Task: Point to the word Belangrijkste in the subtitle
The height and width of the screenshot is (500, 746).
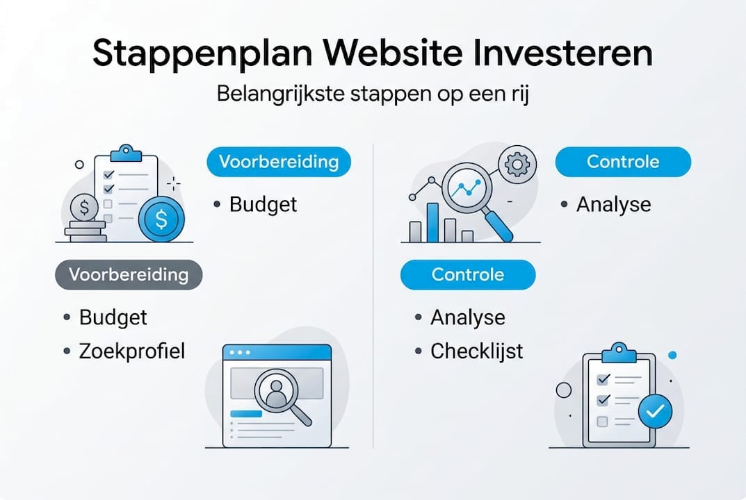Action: pos(275,94)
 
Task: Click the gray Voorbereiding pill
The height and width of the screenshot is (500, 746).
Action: pos(129,274)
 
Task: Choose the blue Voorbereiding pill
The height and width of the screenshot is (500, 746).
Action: pos(279,162)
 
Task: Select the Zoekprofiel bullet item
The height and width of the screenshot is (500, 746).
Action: pos(131,351)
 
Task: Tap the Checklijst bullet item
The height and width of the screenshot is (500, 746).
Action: pos(476,351)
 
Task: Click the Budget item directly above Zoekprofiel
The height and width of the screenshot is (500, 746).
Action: pos(113,317)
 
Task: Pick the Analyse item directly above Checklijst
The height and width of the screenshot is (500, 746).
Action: pos(467,317)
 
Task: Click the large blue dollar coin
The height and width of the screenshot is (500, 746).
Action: pos(161,220)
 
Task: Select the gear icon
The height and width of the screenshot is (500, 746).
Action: pos(516,164)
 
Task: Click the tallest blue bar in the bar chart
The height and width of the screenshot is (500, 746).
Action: pos(432,222)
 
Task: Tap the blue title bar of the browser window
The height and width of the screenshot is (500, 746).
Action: pos(277,352)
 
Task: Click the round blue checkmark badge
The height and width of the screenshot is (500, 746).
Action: pos(654,411)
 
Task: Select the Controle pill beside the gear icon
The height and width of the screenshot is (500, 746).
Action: pos(623,162)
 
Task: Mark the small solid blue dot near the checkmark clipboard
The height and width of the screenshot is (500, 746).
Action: pos(672,355)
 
